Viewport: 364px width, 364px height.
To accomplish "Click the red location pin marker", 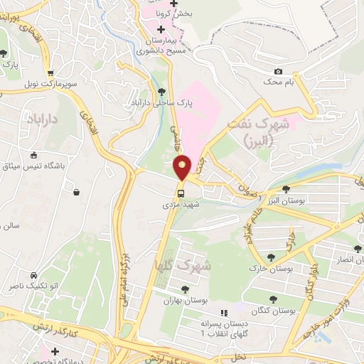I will point(182,167).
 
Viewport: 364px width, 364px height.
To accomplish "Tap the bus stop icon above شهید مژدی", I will point(181,192).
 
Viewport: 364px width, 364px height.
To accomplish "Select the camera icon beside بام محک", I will point(277,72).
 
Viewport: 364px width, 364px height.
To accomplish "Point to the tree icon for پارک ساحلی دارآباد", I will point(161,91).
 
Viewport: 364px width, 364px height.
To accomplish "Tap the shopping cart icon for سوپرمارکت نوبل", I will point(50,73).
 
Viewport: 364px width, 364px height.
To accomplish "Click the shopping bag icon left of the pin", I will point(76,191).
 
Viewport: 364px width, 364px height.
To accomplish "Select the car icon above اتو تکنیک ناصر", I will point(33,276).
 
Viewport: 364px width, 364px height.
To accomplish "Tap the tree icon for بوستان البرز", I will point(285,188).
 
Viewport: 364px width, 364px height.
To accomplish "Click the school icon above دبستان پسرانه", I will point(224,313).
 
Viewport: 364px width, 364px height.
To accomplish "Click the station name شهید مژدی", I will point(181,205).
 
